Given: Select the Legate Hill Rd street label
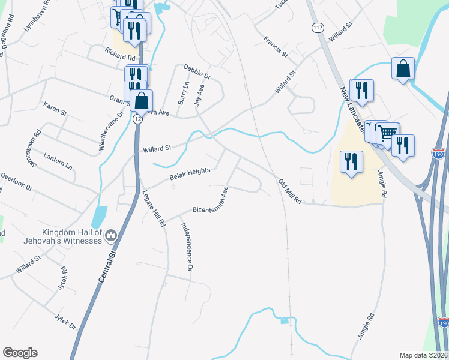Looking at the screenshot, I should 154,208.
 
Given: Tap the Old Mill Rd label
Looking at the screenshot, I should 289,191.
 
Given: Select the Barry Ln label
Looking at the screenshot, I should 183,94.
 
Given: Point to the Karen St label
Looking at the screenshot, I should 55,109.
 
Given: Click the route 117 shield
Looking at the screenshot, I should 316,28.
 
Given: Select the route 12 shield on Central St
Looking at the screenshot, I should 138,119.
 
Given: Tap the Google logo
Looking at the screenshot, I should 20,353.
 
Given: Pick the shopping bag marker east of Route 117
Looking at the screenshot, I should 403,68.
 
